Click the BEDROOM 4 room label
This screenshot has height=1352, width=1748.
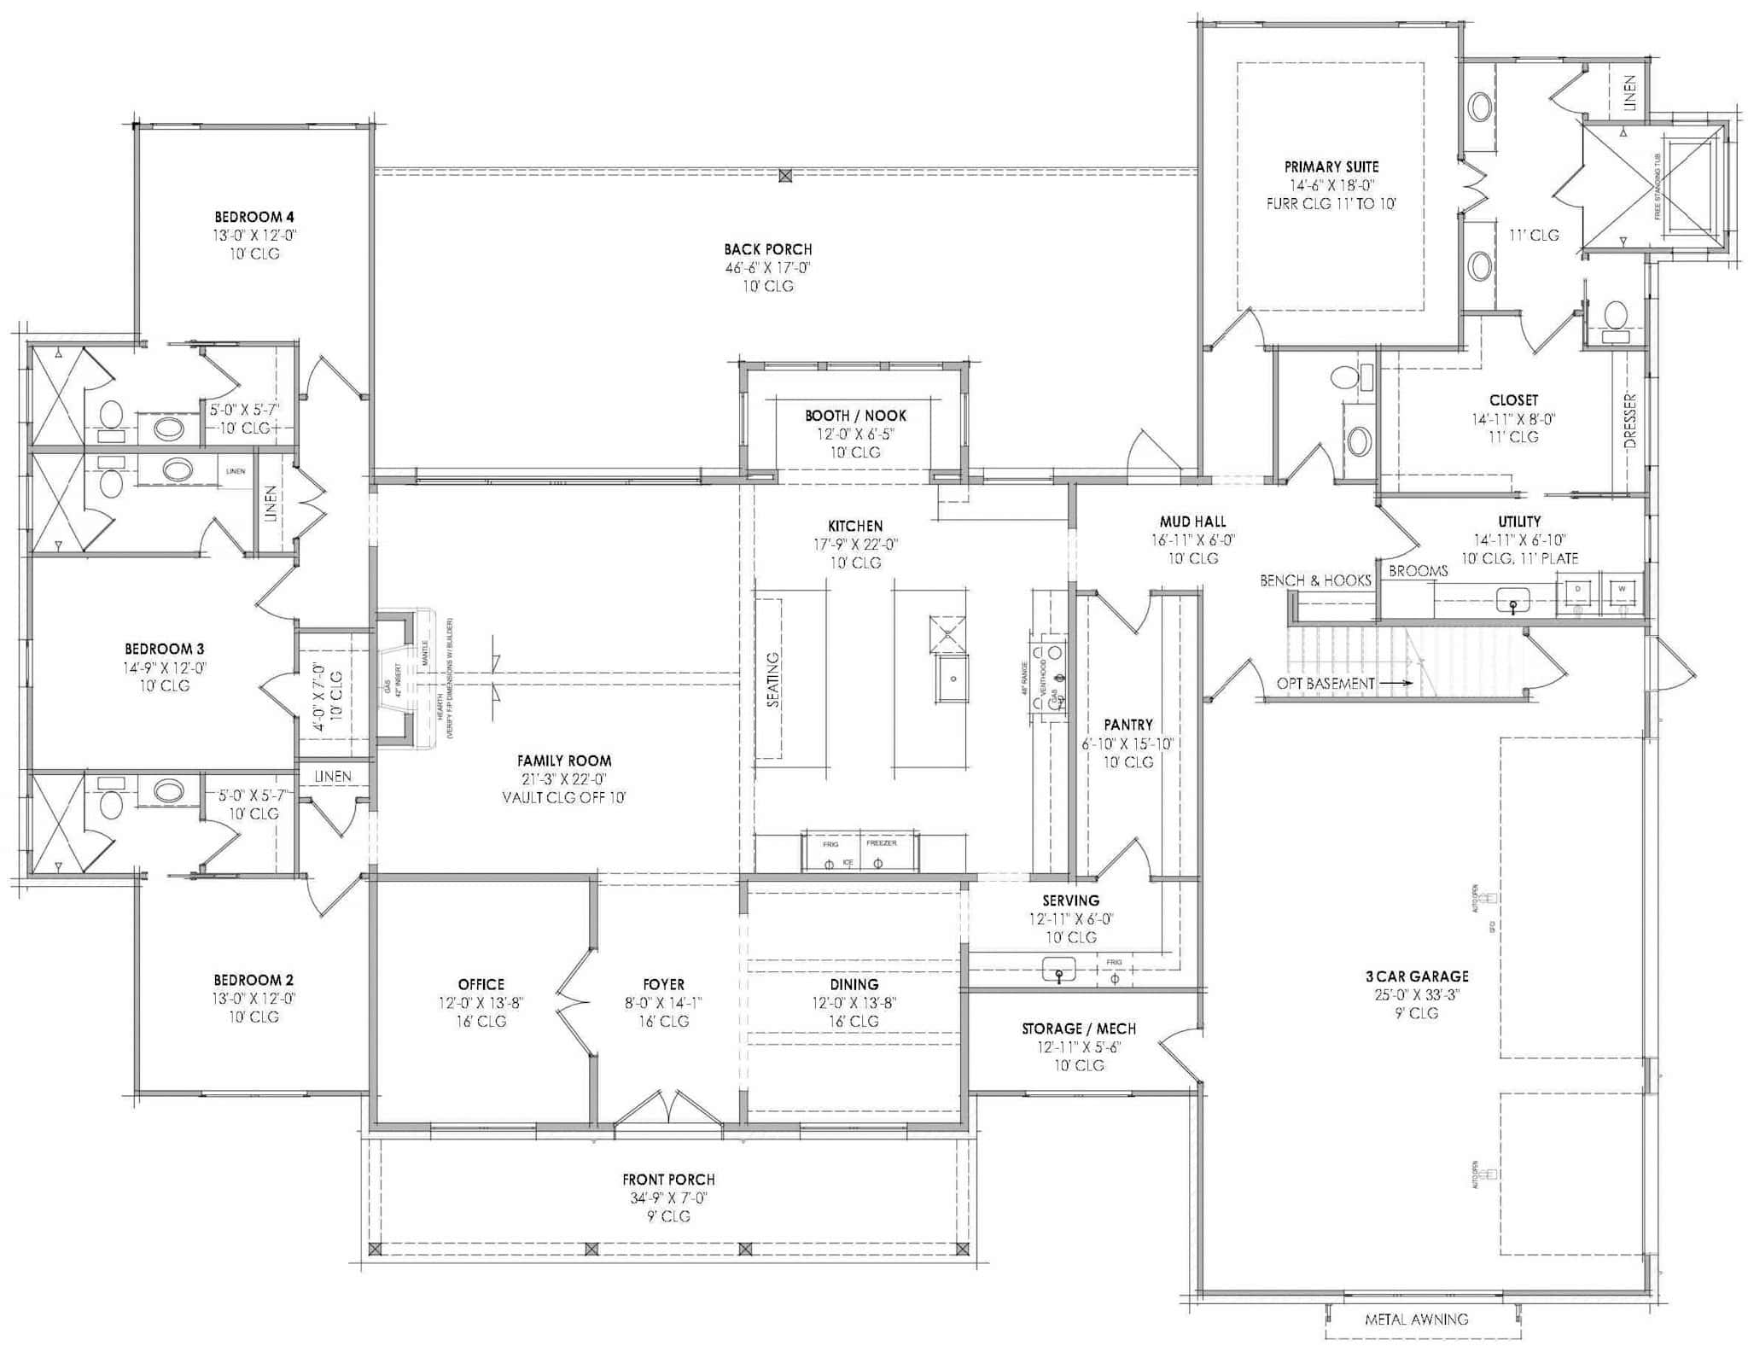[x=253, y=217]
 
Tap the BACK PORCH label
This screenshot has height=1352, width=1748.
[x=767, y=249]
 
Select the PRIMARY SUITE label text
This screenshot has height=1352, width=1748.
[x=1331, y=167]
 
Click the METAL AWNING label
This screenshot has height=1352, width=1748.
[x=1416, y=1320]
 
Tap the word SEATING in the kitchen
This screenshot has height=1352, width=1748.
[x=773, y=679]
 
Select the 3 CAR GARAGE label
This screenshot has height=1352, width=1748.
[x=1416, y=976]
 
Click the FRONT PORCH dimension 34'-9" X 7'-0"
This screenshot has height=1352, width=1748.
[x=668, y=1198]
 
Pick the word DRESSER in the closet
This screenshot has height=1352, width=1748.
[x=1629, y=422]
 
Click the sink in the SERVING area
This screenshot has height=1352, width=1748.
[x=1059, y=970]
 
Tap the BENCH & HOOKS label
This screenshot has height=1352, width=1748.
[x=1315, y=580]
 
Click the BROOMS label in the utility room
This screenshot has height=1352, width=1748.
[x=1418, y=571]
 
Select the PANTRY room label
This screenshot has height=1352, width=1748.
[x=1127, y=725]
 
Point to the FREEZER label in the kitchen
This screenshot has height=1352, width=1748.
[x=882, y=842]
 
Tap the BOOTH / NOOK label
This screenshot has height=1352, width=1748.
[x=855, y=416]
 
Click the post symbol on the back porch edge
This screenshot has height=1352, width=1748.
[x=785, y=176]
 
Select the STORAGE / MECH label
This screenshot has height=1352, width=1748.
[x=1078, y=1029]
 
